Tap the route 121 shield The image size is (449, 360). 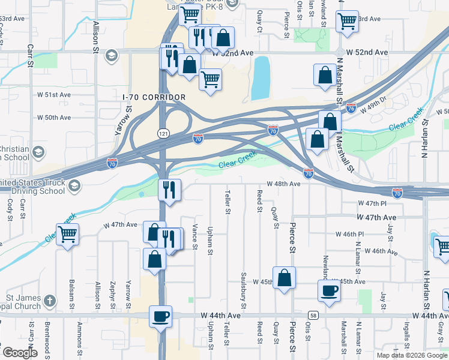point(163,133)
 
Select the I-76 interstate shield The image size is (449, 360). point(351,109)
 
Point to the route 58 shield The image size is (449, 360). point(313,315)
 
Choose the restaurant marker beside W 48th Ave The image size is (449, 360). point(169,190)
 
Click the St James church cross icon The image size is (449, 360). point(50,300)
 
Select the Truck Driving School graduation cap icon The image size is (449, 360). point(74,186)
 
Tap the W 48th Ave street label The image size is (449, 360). point(283,184)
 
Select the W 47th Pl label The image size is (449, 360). point(369,204)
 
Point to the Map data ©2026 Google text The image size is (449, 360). point(412,355)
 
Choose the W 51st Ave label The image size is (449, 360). point(54,95)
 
